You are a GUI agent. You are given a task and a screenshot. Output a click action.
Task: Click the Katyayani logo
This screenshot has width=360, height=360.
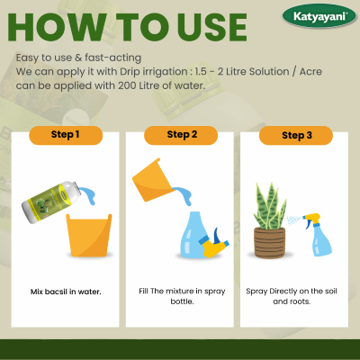(x=319, y=15)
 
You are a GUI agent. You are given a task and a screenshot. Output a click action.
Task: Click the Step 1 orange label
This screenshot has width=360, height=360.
(x=65, y=136)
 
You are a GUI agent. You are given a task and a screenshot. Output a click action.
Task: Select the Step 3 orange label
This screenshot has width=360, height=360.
(x=294, y=136)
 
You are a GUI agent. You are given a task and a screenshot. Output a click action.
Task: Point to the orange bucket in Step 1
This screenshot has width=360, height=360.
(x=87, y=237)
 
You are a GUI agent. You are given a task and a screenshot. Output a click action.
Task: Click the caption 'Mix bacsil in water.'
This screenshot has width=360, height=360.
(x=65, y=292)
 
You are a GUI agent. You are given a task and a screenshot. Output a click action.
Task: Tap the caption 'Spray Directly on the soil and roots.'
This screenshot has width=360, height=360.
(x=294, y=297)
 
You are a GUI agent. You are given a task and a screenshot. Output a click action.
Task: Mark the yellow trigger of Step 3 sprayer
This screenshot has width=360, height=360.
(x=311, y=218)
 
